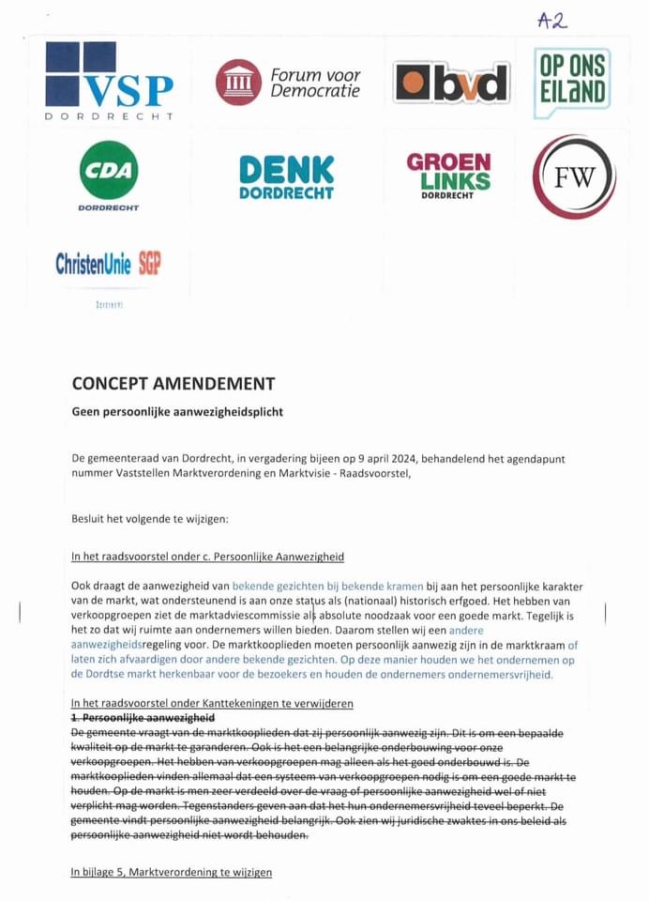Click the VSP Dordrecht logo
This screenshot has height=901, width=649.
click(x=109, y=81)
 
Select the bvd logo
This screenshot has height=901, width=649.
click(x=450, y=83)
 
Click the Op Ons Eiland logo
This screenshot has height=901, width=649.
click(x=571, y=83)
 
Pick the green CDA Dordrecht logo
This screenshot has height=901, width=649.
click(x=109, y=175)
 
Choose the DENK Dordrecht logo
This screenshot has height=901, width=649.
click(x=286, y=176)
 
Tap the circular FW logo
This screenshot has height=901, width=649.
click(x=574, y=176)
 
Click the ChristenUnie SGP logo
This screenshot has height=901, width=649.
click(x=108, y=264)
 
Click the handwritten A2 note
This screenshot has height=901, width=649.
click(x=552, y=21)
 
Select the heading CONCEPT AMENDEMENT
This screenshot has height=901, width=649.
click(x=174, y=384)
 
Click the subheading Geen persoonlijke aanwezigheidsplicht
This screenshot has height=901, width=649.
click(x=177, y=411)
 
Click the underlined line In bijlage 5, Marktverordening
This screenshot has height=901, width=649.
click(x=172, y=872)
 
